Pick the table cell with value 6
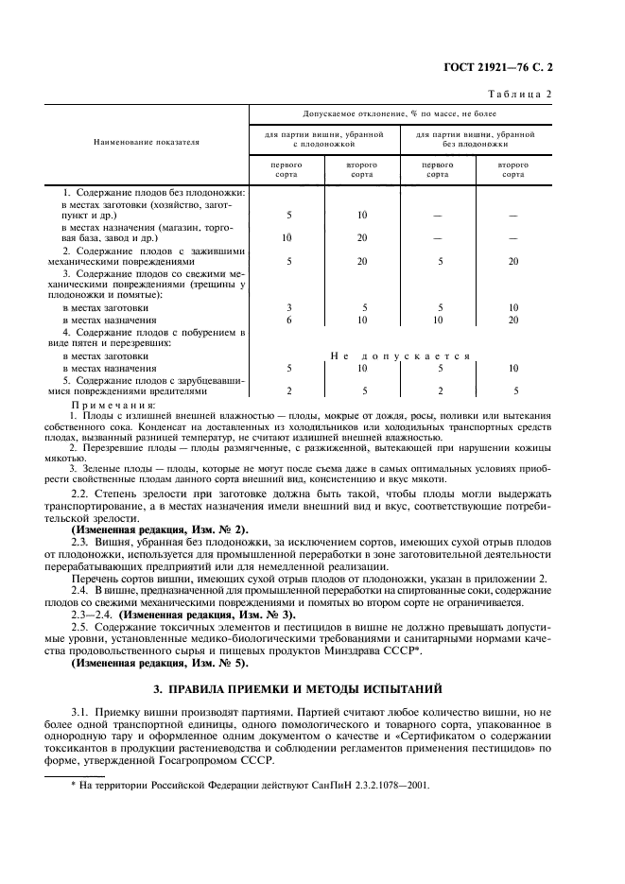(288, 321)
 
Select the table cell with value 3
(288, 307)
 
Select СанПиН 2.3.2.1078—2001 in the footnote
(369, 785)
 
